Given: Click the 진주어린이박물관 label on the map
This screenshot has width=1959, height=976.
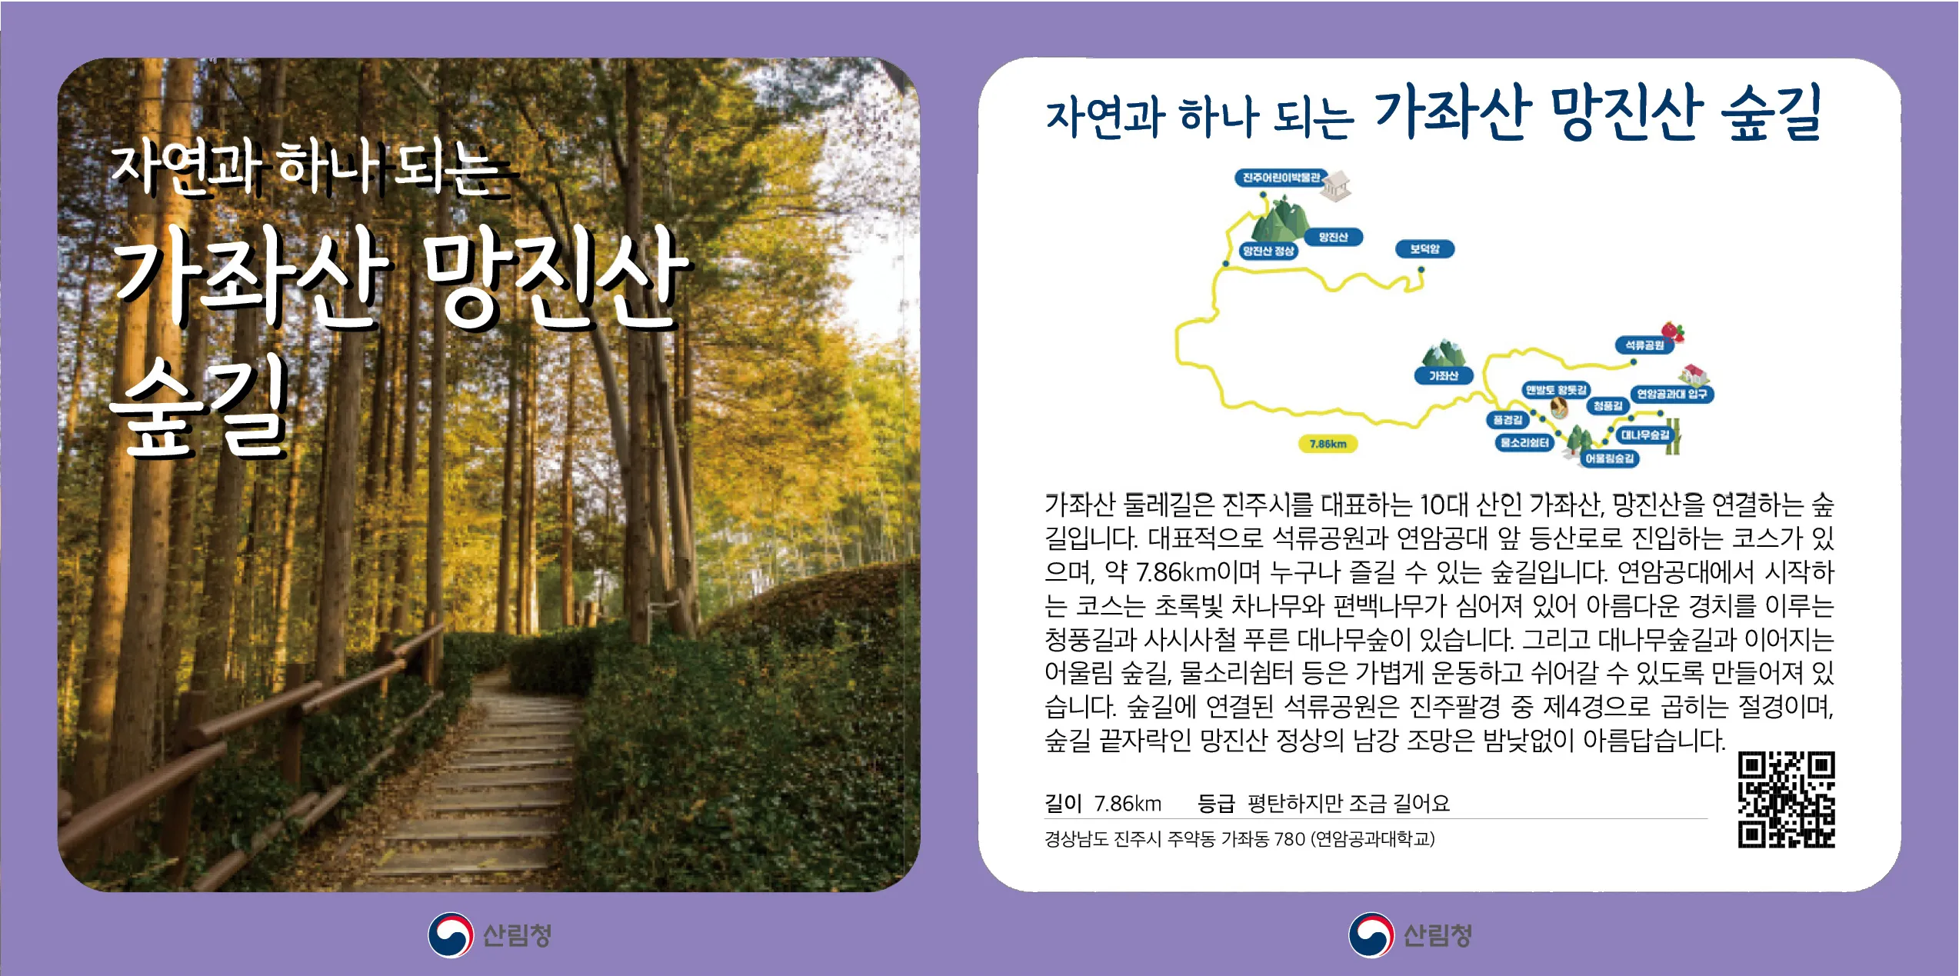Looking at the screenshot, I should pos(1281,178).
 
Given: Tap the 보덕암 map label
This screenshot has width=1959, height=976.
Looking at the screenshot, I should pos(1424,249).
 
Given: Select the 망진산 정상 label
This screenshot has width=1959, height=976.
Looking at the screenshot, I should pos(1268,251).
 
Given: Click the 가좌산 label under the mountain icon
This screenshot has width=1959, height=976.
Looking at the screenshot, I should pos(1443,376).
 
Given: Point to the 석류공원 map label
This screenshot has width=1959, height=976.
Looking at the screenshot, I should pos(1644,345).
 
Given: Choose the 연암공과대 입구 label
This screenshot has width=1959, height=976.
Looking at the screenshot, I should pos(1671,395).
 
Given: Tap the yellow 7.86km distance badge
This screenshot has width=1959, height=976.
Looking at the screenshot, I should pos(1328,444).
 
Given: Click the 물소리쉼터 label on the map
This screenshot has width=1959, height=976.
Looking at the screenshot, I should pos(1524,443).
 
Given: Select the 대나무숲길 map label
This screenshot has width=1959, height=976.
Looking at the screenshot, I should pos(1644,435).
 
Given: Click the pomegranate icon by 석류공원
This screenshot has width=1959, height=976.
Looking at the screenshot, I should pos(1673,331).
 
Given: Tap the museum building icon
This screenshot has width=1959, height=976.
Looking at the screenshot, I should pos(1337,186).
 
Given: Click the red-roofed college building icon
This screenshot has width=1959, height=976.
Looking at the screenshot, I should pos(1693,375).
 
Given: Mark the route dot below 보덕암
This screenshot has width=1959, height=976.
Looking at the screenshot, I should pos(1421,270).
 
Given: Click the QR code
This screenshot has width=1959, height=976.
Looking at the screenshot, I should pos(1786,800).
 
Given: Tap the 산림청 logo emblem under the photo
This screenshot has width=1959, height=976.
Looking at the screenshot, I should pos(451,935).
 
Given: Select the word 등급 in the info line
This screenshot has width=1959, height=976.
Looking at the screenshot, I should pos(1215,804).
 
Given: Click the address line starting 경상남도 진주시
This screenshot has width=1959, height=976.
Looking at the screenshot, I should pos(1239,839).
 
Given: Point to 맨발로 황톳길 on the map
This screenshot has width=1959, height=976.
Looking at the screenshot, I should pos(1556,391).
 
